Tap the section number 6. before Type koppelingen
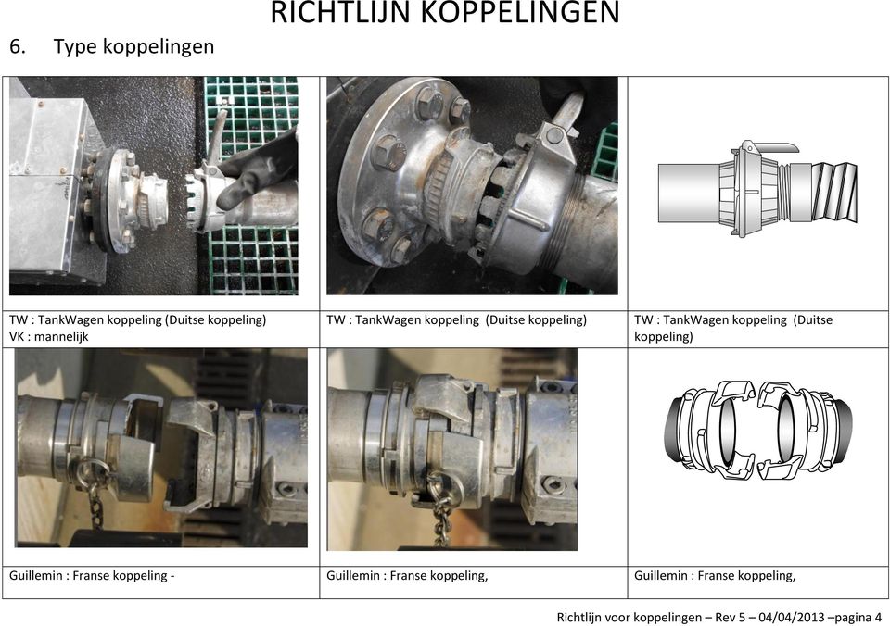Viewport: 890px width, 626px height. [x=17, y=46]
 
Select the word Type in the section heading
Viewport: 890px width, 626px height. [x=74, y=47]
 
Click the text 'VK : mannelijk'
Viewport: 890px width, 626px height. [x=49, y=336]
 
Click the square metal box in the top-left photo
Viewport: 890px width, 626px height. [x=48, y=182]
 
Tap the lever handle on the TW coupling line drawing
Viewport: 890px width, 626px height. [x=772, y=147]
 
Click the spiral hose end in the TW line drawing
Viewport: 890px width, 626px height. [x=834, y=192]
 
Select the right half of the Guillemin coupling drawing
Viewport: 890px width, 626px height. [x=805, y=430]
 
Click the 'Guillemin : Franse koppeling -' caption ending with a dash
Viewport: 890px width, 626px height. [x=92, y=576]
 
